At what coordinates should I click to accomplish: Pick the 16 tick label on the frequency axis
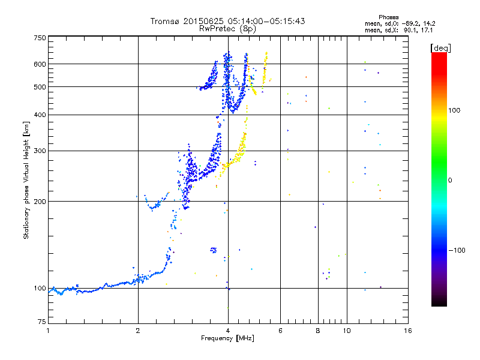[x=407, y=331]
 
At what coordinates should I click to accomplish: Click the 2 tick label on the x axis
[x=138, y=331]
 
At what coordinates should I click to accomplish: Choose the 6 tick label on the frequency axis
[x=280, y=331]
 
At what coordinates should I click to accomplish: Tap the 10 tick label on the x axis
[x=347, y=331]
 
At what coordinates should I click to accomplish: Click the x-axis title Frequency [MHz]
[x=228, y=338]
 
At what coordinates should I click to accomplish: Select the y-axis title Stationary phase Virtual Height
[x=26, y=180]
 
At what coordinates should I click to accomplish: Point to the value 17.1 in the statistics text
[x=427, y=29]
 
